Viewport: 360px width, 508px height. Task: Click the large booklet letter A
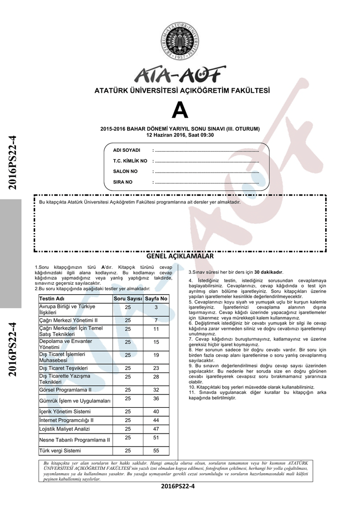click(x=180, y=111)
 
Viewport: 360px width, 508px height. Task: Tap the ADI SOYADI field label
click(x=127, y=150)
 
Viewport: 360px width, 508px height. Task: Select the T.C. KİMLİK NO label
click(x=131, y=161)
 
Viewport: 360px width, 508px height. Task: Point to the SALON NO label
click(x=126, y=172)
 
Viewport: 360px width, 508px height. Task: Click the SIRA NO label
click(x=123, y=182)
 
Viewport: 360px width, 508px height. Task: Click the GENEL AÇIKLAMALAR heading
click(x=180, y=257)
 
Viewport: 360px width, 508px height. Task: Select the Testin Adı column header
click(x=52, y=299)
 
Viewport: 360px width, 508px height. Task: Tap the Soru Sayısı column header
click(x=128, y=299)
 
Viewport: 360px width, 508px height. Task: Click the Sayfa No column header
click(x=156, y=299)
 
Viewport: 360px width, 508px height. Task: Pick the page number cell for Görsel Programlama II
click(x=156, y=390)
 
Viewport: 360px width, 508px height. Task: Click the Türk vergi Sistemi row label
click(x=60, y=450)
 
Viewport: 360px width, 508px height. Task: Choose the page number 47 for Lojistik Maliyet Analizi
click(x=156, y=429)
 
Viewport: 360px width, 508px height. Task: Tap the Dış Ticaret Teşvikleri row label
click(x=63, y=368)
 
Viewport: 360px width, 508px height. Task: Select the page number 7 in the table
click(x=156, y=320)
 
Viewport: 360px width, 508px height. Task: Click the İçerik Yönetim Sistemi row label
click(x=65, y=412)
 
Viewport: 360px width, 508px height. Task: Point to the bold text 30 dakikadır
click(x=268, y=272)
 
